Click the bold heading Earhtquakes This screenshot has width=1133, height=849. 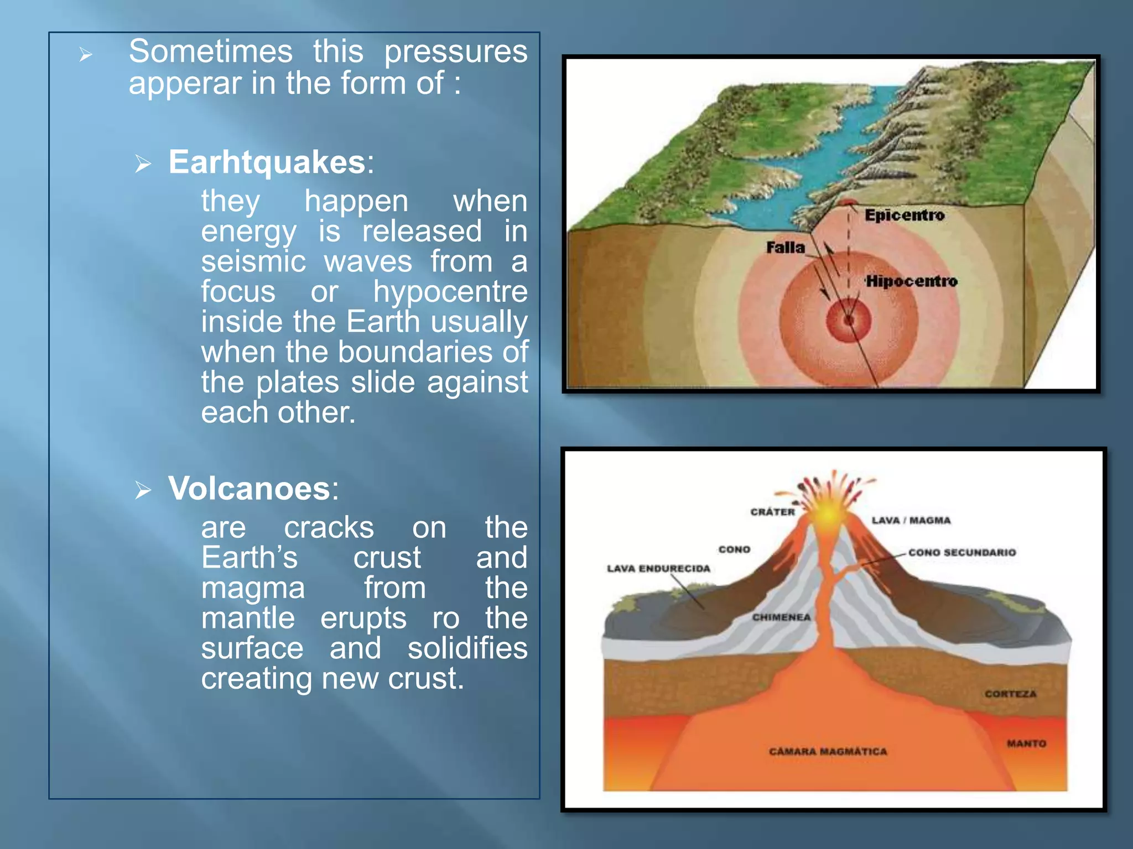(267, 162)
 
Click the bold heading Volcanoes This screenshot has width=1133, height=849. (250, 489)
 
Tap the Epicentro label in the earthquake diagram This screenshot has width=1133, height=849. (905, 215)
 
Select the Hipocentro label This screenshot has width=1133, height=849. (911, 281)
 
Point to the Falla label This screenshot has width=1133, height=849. (785, 247)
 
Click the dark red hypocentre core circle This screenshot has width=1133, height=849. (849, 320)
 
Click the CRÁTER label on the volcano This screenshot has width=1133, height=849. (772, 512)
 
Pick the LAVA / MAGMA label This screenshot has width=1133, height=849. (911, 520)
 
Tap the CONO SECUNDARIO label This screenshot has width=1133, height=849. (962, 552)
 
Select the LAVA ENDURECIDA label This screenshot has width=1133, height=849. (658, 568)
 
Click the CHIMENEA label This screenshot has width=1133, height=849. (781, 617)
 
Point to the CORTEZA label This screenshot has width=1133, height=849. (1010, 694)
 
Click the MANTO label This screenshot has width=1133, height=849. (1026, 743)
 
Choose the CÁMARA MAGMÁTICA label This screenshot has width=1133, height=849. (828, 752)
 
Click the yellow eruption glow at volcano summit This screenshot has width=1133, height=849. (828, 514)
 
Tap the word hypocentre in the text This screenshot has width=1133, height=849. (450, 291)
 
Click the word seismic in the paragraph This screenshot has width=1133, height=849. (253, 261)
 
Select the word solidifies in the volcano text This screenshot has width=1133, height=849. (467, 648)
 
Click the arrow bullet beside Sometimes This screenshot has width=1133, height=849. (85, 54)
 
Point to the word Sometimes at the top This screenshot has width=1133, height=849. (210, 51)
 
